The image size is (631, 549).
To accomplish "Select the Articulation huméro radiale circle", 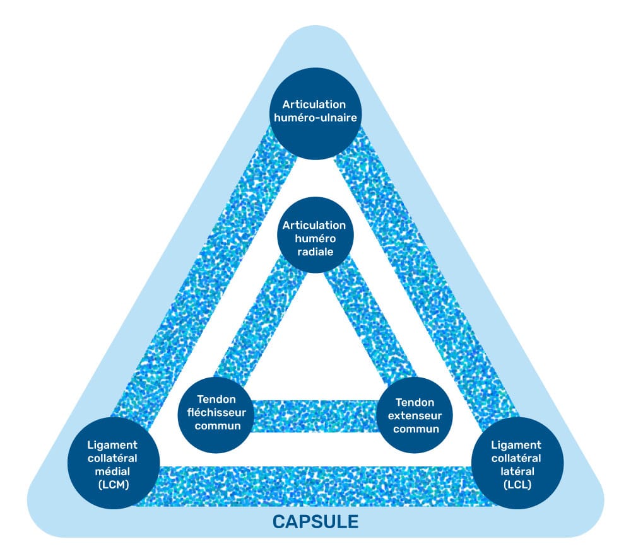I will click(x=314, y=238).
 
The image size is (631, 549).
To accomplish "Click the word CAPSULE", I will click(x=315, y=521).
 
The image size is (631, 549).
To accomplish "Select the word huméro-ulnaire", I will click(x=314, y=118).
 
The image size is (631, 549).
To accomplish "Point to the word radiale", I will click(x=314, y=251).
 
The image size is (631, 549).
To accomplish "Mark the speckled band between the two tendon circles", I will click(x=315, y=416).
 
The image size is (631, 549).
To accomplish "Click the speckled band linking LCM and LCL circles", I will click(x=315, y=486).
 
